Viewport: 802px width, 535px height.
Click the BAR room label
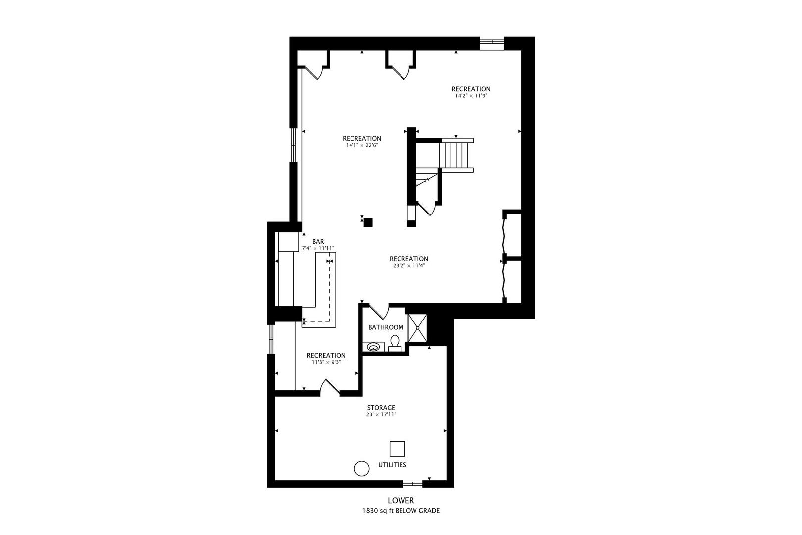(318, 241)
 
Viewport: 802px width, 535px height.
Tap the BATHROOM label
(386, 327)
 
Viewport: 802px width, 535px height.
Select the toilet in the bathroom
(395, 343)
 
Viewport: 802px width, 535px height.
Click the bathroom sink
(373, 347)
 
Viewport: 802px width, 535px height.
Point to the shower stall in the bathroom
(417, 327)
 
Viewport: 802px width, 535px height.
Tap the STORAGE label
(381, 408)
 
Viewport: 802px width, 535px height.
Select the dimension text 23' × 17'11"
(381, 415)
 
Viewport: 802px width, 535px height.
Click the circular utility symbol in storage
(361, 468)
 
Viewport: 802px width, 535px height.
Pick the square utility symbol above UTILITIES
(397, 449)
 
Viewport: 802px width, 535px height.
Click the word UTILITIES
(392, 465)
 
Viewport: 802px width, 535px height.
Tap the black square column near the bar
(368, 222)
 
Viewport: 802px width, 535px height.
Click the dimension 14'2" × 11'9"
(471, 96)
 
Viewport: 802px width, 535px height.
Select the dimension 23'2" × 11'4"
(408, 266)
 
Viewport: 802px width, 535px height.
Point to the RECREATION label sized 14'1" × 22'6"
(362, 138)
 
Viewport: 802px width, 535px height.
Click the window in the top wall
(492, 44)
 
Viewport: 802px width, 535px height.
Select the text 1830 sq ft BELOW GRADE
(401, 511)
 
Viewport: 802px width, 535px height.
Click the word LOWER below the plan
(401, 501)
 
